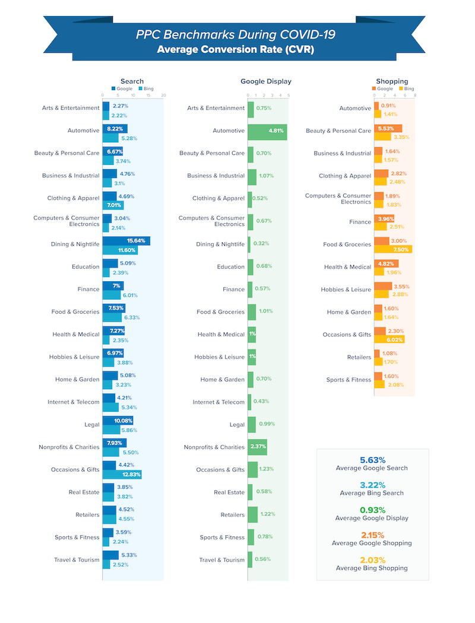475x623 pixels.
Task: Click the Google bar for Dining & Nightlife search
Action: pyautogui.click(x=126, y=241)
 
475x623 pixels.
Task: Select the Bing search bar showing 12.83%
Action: pyautogui.click(x=122, y=474)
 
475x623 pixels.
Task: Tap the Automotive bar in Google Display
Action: pyautogui.click(x=267, y=131)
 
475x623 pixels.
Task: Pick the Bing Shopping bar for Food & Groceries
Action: pyautogui.click(x=392, y=249)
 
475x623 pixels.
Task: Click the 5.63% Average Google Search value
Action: pyautogui.click(x=372, y=460)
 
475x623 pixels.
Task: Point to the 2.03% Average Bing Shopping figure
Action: pyautogui.click(x=372, y=560)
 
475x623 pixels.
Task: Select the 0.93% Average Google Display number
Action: pyautogui.click(x=372, y=510)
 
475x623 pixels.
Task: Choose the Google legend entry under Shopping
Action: pyautogui.click(x=383, y=88)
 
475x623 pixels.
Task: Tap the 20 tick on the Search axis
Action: pyautogui.click(x=163, y=95)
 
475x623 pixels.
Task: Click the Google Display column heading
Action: pyautogui.click(x=265, y=81)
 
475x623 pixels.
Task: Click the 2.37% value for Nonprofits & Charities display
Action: pyautogui.click(x=257, y=447)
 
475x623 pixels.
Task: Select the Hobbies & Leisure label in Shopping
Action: pyautogui.click(x=346, y=290)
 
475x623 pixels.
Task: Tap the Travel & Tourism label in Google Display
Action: pyautogui.click(x=221, y=560)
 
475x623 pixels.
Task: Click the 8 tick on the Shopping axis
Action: pyautogui.click(x=415, y=95)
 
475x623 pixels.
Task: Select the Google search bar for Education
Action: pyautogui.click(x=110, y=263)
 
